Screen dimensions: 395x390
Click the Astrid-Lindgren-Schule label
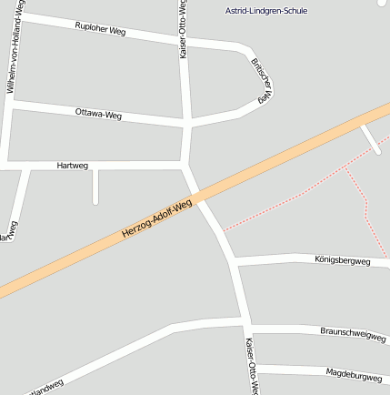266,10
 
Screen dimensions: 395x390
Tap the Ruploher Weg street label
100,28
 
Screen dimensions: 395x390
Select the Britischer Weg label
263,79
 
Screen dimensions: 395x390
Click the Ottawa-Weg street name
98,114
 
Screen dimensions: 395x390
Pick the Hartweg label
73,166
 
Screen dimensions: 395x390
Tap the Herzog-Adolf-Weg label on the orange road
156,220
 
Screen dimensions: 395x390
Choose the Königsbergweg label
342,260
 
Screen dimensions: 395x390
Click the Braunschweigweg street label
354,334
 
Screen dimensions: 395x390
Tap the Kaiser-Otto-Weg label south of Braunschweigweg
252,367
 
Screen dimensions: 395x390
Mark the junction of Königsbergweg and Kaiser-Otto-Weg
235,262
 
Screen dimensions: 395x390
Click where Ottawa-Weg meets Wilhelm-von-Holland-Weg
10,106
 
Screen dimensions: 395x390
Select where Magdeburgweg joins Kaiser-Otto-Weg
251,366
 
